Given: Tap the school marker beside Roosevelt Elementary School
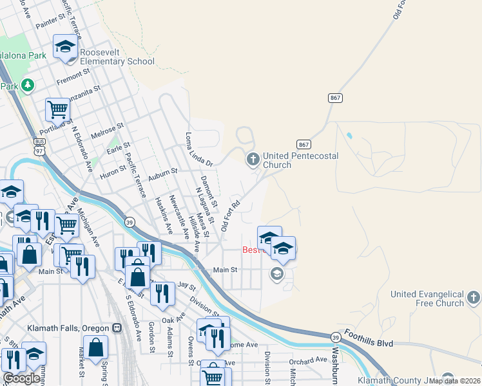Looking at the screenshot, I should point(66,46).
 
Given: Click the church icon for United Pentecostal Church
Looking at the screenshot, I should point(253,158).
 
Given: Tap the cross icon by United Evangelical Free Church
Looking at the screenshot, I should point(474,297).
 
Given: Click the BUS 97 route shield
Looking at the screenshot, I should point(40,145).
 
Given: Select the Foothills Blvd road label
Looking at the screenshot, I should point(369,339).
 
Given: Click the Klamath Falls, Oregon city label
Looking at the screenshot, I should point(68,327).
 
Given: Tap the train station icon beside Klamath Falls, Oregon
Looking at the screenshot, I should point(117,327).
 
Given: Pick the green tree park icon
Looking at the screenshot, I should point(28,85).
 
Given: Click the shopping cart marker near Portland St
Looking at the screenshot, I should point(57,111).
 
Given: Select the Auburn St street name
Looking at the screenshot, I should point(162,174).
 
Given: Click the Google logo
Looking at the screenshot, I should point(21,379).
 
